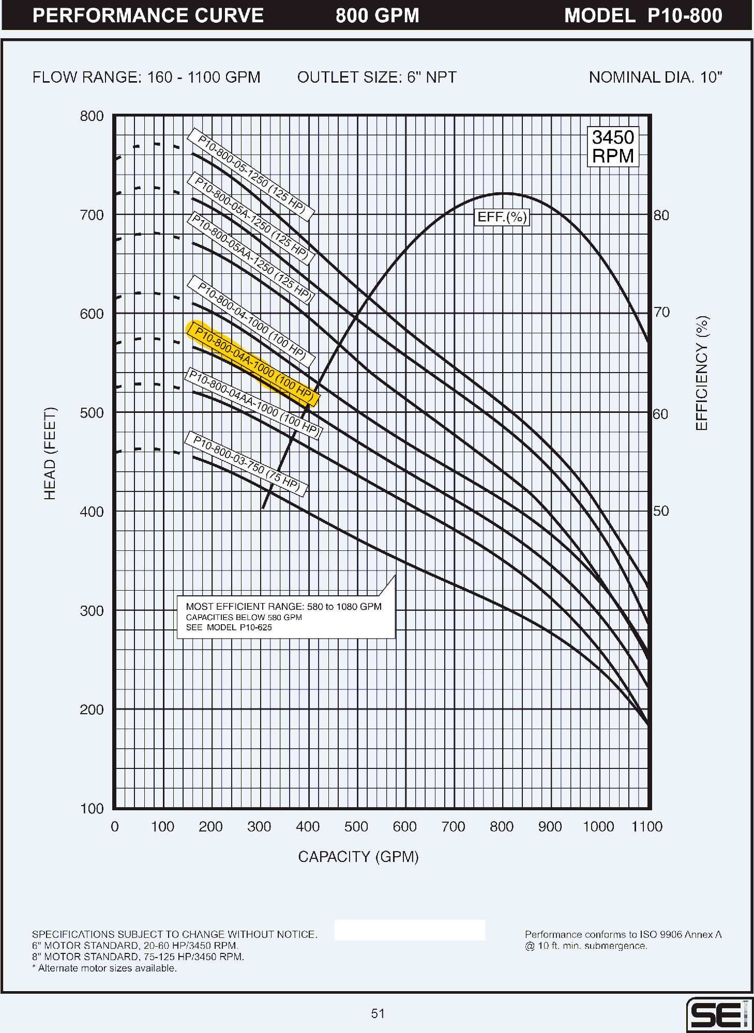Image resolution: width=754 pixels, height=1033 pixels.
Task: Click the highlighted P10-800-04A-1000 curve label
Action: click(253, 364)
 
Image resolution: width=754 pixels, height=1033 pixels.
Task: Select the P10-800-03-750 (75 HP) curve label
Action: click(246, 464)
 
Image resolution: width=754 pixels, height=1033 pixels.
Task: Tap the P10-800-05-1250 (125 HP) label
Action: click(251, 175)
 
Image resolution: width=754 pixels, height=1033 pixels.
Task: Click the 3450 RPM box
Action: click(613, 147)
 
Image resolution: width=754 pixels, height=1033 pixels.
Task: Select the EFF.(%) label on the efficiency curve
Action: click(502, 217)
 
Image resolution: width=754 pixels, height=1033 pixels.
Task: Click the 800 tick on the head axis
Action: click(92, 116)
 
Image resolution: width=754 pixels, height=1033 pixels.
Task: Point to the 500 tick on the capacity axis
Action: click(356, 827)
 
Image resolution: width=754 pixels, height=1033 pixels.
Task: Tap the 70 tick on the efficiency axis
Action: click(661, 312)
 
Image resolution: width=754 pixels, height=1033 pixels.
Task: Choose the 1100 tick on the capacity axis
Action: click(646, 827)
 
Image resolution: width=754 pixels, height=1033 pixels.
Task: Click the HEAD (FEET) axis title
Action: click(50, 454)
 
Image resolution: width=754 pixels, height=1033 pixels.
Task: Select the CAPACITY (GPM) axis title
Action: click(358, 857)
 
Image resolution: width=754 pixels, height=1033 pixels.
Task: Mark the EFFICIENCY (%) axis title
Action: click(702, 373)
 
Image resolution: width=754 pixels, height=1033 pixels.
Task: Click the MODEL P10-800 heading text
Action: click(643, 16)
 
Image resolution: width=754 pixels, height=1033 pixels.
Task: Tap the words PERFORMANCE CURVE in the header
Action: click(148, 16)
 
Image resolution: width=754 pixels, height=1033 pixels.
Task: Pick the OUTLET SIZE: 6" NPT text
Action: click(376, 78)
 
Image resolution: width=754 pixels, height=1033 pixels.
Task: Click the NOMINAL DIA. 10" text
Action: click(655, 78)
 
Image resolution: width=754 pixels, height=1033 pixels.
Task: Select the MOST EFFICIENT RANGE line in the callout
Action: click(283, 607)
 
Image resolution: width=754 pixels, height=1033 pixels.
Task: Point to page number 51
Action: click(378, 1014)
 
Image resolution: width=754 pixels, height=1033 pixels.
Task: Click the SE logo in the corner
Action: click(719, 1015)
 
